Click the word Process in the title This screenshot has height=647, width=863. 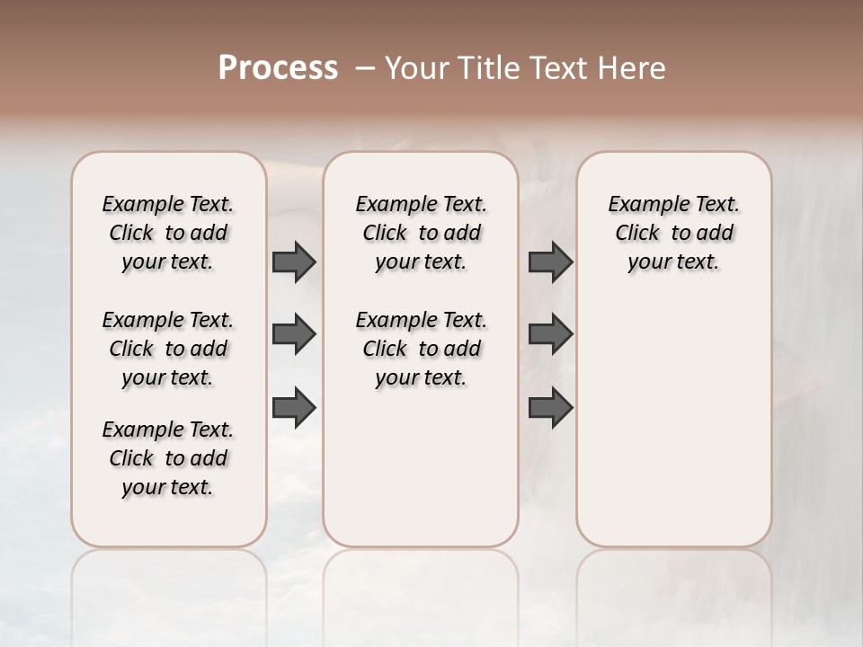tap(278, 68)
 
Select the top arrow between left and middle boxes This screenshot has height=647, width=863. tap(294, 262)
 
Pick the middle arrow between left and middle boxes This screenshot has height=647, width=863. tap(294, 334)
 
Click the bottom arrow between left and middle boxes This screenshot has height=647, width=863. tap(294, 407)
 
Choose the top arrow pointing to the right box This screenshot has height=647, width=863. tap(550, 262)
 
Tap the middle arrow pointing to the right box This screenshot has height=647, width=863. tap(550, 334)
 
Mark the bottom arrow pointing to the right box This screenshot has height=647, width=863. tap(550, 407)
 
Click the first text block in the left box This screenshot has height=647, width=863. tap(168, 233)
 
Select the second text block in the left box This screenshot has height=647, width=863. tap(168, 349)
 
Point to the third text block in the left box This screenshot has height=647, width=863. tap(168, 458)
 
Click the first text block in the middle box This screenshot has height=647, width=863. tap(422, 233)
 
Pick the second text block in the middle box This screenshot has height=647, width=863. tap(422, 349)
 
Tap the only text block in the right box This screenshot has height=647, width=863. tap(674, 233)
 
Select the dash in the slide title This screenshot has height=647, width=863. tap(365, 68)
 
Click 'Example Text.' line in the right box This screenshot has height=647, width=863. tap(674, 204)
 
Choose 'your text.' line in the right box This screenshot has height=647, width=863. tap(674, 261)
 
